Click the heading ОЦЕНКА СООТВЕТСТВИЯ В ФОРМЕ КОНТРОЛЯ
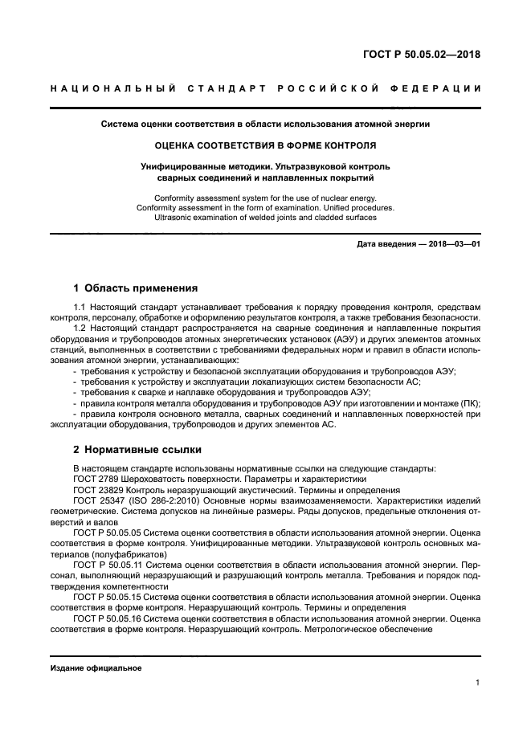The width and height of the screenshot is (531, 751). coord(265,145)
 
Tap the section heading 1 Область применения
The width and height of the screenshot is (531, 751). coord(135,288)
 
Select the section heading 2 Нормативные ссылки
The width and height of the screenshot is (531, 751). coord(137,449)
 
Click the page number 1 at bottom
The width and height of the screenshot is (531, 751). coord(477,683)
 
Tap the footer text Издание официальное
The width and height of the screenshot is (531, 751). coord(96,667)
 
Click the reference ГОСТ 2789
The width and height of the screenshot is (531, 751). coord(98,478)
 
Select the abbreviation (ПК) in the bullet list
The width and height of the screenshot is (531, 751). coord(465,403)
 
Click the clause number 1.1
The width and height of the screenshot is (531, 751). coord(80,307)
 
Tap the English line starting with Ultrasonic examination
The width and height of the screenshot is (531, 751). coord(265,217)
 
